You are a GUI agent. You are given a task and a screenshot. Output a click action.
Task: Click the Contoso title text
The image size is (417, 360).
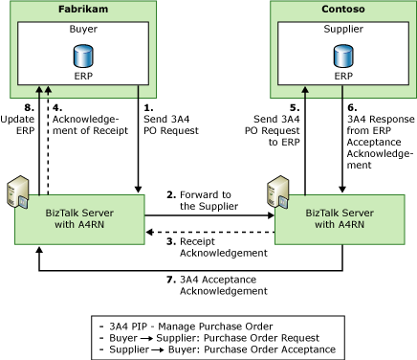(340, 11)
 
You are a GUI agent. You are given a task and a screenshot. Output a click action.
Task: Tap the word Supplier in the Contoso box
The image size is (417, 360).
(340, 30)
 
